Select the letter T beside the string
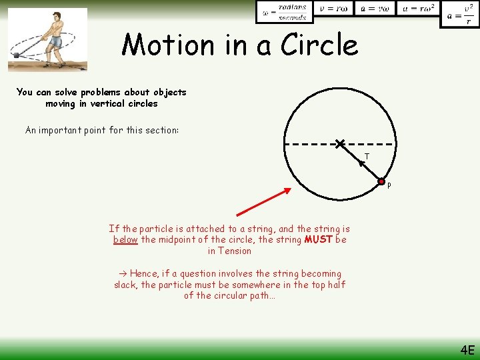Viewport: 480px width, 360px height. click(x=367, y=157)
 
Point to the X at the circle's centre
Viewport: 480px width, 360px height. click(x=340, y=143)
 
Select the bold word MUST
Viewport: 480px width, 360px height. click(x=317, y=239)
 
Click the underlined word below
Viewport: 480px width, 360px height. click(x=125, y=239)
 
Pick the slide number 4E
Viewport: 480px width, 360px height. click(x=467, y=350)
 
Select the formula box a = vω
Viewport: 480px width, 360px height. click(x=375, y=8)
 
